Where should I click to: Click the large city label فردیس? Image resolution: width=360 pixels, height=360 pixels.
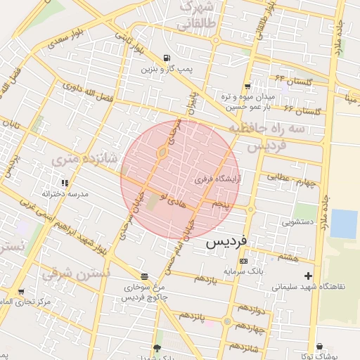tap(226, 243)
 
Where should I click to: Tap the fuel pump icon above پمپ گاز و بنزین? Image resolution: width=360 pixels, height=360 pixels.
tap(166, 58)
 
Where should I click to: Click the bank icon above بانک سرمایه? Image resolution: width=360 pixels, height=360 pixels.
tap(243, 261)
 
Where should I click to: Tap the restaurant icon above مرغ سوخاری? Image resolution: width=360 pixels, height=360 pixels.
tap(144, 276)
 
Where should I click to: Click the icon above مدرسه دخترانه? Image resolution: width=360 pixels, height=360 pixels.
tap(65, 183)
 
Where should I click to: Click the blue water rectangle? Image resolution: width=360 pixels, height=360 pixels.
tap(344, 224)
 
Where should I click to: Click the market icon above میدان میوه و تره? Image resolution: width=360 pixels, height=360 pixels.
tap(247, 86)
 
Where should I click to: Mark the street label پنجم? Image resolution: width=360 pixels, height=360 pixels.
tap(222, 205)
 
